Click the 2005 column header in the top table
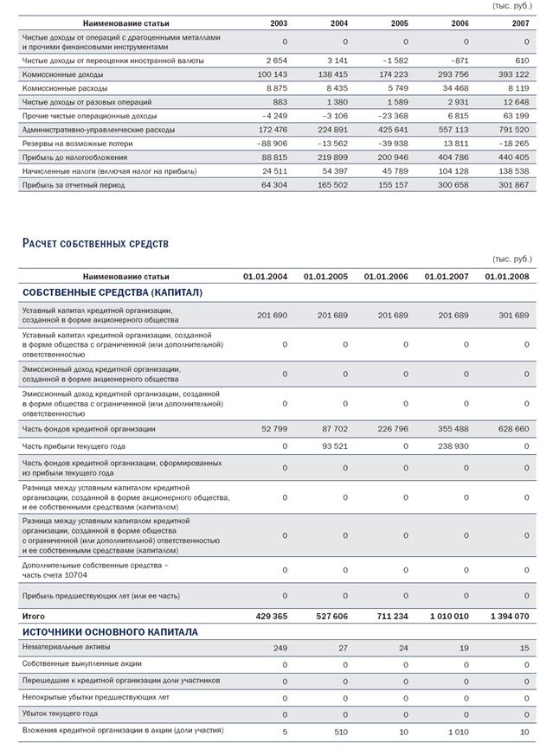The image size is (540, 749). pos(399,22)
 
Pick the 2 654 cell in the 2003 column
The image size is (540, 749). pos(276,61)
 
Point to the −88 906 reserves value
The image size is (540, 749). pos(270,144)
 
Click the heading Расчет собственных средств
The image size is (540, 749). pos(95,244)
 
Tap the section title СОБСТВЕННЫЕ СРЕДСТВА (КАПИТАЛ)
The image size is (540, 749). pos(112,292)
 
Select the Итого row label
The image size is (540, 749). pos(34,616)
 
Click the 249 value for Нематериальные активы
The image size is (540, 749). pos(280,647)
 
